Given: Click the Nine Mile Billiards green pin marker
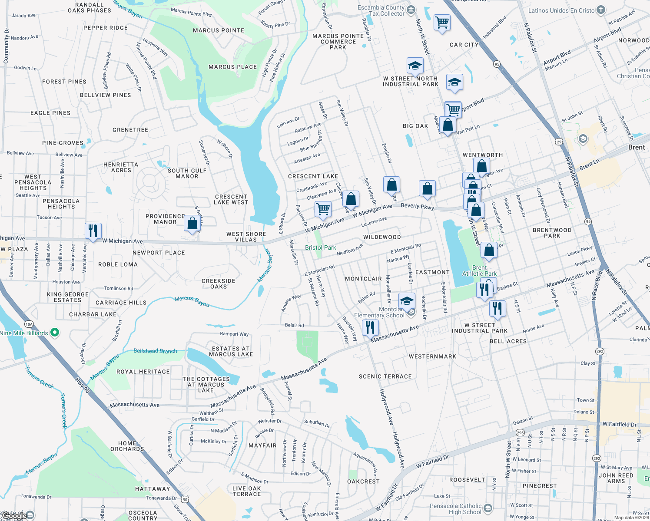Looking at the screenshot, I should click(x=55, y=333).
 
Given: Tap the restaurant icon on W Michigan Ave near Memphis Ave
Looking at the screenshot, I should click(x=93, y=230).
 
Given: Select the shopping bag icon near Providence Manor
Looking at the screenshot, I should click(x=192, y=224).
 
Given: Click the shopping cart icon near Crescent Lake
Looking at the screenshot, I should click(x=323, y=209).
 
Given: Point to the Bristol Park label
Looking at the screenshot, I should click(x=320, y=247).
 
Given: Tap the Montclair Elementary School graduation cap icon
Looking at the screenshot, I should click(x=407, y=301).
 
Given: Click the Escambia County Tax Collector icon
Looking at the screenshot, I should click(x=411, y=10).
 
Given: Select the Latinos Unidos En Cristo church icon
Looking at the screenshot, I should click(x=600, y=10).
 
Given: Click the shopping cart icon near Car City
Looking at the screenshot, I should click(x=442, y=22).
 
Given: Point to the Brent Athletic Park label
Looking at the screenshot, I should click(x=479, y=270).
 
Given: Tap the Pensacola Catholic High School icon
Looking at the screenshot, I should click(x=488, y=508).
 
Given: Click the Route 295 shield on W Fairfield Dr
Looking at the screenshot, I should click(x=520, y=433).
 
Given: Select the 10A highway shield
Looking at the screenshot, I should click(x=29, y=324).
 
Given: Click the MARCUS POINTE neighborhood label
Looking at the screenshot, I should click(x=219, y=30).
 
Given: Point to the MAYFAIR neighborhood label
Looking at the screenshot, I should click(x=262, y=445).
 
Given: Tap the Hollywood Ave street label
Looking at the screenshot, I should click(x=386, y=407).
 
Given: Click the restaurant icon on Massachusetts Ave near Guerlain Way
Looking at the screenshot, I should click(x=370, y=327).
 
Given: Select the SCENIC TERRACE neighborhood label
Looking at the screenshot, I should click(x=385, y=376).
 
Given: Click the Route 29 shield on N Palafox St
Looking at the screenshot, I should click(x=559, y=142).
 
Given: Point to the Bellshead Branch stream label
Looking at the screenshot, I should click(x=155, y=351).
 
